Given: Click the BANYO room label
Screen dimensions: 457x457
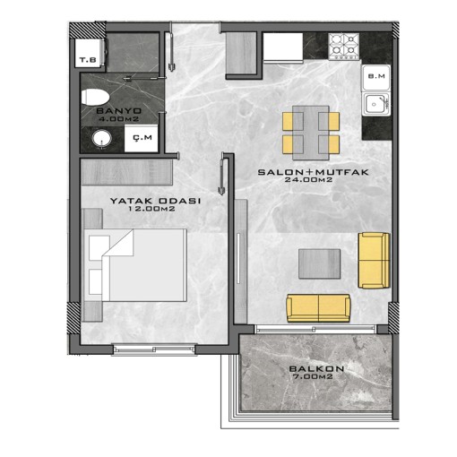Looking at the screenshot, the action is (x=119, y=111).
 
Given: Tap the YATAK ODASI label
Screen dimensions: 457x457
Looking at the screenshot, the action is (x=155, y=201).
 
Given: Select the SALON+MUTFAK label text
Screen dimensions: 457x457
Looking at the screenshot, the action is (x=313, y=172).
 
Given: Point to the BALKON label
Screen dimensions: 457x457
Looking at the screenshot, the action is (x=316, y=369).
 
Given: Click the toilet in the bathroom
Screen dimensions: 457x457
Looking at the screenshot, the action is (x=95, y=97).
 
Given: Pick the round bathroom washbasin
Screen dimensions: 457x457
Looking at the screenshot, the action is (x=102, y=139).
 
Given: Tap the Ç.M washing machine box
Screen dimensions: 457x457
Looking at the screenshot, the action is (x=141, y=138).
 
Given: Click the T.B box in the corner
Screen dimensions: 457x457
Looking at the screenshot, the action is (x=89, y=53).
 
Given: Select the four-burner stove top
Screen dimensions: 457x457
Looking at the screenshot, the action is (x=344, y=47).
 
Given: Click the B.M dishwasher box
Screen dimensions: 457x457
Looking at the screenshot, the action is (x=376, y=77).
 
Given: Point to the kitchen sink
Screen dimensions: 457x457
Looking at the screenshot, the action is (x=376, y=104).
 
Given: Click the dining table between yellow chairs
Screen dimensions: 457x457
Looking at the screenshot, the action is (x=311, y=133).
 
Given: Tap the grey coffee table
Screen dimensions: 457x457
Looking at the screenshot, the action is (x=319, y=264).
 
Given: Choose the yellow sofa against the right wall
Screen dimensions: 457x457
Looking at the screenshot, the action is (x=374, y=260).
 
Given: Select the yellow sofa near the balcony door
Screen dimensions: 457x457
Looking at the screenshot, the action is (x=318, y=308).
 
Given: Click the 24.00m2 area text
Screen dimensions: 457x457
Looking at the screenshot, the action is (x=308, y=180).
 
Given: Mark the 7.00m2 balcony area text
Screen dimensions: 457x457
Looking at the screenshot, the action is (x=313, y=376).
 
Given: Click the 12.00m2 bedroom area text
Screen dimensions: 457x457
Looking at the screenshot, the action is (x=151, y=209).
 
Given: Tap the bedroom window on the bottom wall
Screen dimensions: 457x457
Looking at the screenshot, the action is (x=154, y=349).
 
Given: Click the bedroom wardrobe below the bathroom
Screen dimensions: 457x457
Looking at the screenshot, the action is (x=127, y=172).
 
